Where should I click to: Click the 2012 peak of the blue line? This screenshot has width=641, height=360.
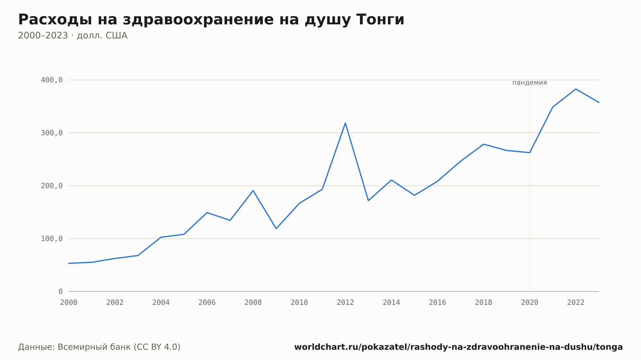(x=345, y=123)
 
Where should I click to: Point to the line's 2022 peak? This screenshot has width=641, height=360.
(x=576, y=89)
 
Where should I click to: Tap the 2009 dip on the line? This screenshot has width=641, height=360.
(x=276, y=229)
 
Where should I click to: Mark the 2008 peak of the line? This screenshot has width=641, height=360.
(x=253, y=191)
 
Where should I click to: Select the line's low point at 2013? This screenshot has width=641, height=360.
(x=368, y=200)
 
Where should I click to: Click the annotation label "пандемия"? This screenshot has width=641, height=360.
(x=529, y=83)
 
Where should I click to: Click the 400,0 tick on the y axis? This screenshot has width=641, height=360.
(x=52, y=80)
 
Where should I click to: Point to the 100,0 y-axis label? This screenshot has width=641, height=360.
(x=52, y=239)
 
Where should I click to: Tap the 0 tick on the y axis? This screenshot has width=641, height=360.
(x=60, y=291)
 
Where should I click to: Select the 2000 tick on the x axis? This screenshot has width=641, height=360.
(x=69, y=303)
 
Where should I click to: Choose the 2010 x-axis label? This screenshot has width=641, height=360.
(x=299, y=303)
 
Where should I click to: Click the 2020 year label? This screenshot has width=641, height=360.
(x=530, y=303)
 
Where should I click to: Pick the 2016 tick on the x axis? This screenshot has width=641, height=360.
(x=437, y=303)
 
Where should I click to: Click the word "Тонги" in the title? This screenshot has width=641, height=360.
(x=380, y=20)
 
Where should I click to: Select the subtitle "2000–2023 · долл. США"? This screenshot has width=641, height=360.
(x=73, y=36)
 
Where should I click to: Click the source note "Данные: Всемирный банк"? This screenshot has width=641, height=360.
(x=74, y=347)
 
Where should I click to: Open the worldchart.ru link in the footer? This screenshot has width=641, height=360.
(x=459, y=347)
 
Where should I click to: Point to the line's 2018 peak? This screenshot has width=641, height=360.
(x=483, y=144)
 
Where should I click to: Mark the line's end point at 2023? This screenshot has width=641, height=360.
(x=599, y=102)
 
